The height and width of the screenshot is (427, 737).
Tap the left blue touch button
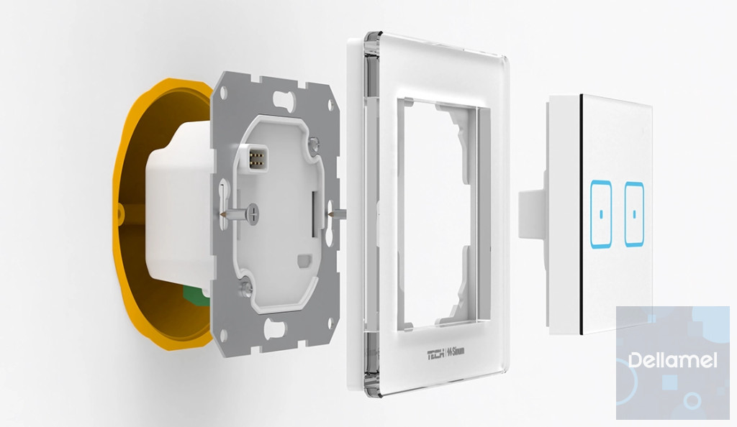(x=601, y=214)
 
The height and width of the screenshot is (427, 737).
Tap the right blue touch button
(x=634, y=214)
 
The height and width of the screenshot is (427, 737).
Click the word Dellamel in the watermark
(x=673, y=360)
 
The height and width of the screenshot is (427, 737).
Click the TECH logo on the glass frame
(x=435, y=354)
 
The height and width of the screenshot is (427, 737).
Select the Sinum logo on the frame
(x=456, y=352)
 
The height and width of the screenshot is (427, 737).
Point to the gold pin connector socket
(x=258, y=158)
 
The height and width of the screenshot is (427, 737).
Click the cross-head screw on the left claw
(x=253, y=214)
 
